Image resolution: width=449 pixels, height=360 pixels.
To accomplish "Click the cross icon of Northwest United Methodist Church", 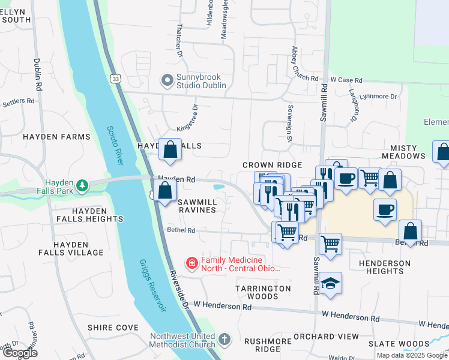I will [x=224, y=340].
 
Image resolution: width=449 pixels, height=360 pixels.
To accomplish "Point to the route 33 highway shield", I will [x=116, y=79].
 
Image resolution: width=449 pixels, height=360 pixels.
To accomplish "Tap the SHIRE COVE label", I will [x=113, y=328].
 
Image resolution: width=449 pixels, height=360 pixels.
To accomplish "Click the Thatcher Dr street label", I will [x=179, y=46].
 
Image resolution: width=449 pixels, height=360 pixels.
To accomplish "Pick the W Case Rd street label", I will [x=346, y=80].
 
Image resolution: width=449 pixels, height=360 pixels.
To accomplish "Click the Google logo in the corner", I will [x=20, y=353].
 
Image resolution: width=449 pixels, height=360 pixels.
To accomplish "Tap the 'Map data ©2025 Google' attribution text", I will [x=411, y=355].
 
